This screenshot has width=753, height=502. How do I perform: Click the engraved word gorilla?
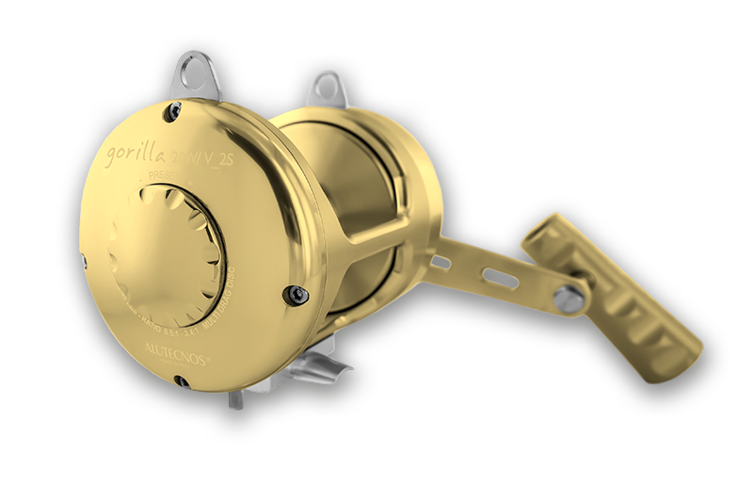click(136, 151)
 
